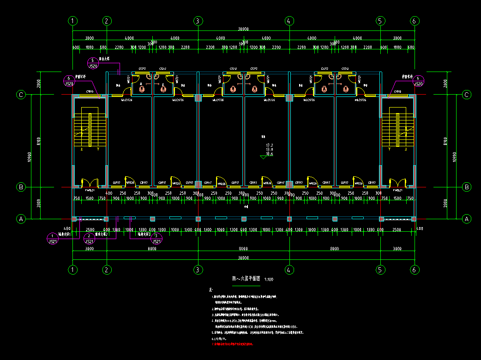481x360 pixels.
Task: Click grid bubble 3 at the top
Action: pyautogui.click(x=198, y=21)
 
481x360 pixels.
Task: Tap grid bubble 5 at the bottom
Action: pyautogui.click(x=380, y=269)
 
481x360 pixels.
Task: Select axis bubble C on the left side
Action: pyautogui.click(x=21, y=95)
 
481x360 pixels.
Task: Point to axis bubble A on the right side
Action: pyautogui.click(x=467, y=219)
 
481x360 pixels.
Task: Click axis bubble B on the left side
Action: pyautogui.click(x=21, y=187)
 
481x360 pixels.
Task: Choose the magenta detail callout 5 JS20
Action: pyautogui.click(x=93, y=63)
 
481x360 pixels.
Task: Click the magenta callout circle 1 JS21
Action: pyautogui.click(x=54, y=239)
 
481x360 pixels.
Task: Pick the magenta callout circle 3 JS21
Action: pyautogui.click(x=157, y=239)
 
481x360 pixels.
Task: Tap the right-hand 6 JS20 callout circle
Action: pyautogui.click(x=418, y=81)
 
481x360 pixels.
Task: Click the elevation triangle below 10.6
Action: pyautogui.click(x=264, y=157)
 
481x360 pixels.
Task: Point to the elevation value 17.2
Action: pyautogui.click(x=270, y=145)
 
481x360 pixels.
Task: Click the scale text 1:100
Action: pyautogui.click(x=269, y=280)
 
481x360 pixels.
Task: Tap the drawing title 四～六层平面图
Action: pyautogui.click(x=246, y=279)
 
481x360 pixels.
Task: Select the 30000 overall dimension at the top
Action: pyautogui.click(x=243, y=29)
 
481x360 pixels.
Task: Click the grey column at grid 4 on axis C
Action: pyautogui.click(x=289, y=98)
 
